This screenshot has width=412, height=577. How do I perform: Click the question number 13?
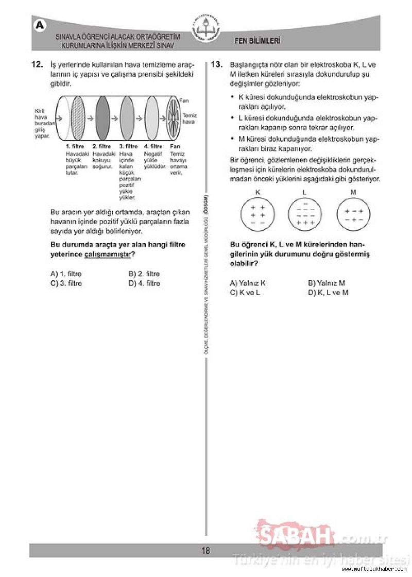pos(216,65)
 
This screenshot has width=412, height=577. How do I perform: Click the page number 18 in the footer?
pos(206,551)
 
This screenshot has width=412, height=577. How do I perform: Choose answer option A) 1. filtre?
pos(66,274)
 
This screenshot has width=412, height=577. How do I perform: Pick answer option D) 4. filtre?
pos(144,283)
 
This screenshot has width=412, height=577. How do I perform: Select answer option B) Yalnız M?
pos(326,283)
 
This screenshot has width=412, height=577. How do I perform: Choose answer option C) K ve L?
pos(245,293)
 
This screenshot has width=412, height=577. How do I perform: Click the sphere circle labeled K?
pos(257,214)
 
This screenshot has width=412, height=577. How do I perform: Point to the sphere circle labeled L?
pos(305,214)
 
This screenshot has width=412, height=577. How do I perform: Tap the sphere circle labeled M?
pos(353,214)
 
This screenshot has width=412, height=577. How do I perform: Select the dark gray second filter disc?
pos(103,118)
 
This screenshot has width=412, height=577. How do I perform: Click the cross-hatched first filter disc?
pos(78,118)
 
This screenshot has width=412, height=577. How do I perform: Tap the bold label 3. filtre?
pos(129,146)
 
